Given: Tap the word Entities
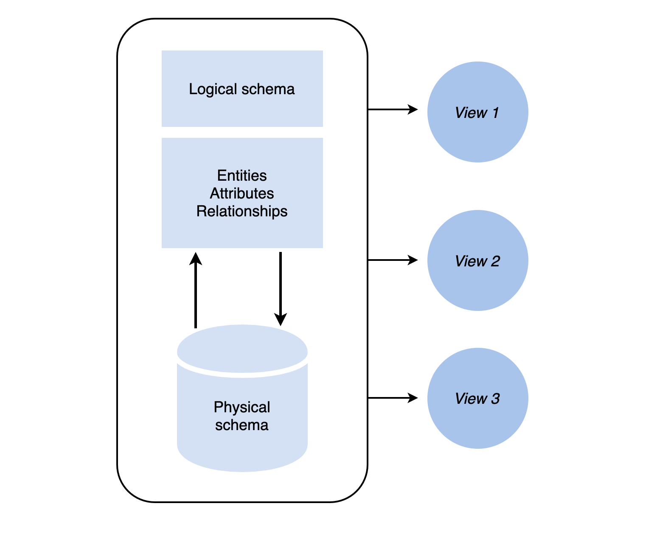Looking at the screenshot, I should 242,176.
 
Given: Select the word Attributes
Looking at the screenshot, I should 242,193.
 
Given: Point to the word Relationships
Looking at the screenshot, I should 242,211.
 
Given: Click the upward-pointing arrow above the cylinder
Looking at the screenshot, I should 195,293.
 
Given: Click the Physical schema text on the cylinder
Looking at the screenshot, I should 242,416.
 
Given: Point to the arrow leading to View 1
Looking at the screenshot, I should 393,109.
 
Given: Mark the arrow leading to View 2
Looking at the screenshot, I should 393,260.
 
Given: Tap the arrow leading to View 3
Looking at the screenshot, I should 393,398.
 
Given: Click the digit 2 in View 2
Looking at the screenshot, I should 495,261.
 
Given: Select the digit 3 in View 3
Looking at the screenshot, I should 495,399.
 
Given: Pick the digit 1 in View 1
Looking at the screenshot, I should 495,113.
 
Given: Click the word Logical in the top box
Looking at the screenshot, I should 213,89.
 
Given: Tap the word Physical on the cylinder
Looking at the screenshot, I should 242,407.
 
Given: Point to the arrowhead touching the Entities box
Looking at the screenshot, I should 195,258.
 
